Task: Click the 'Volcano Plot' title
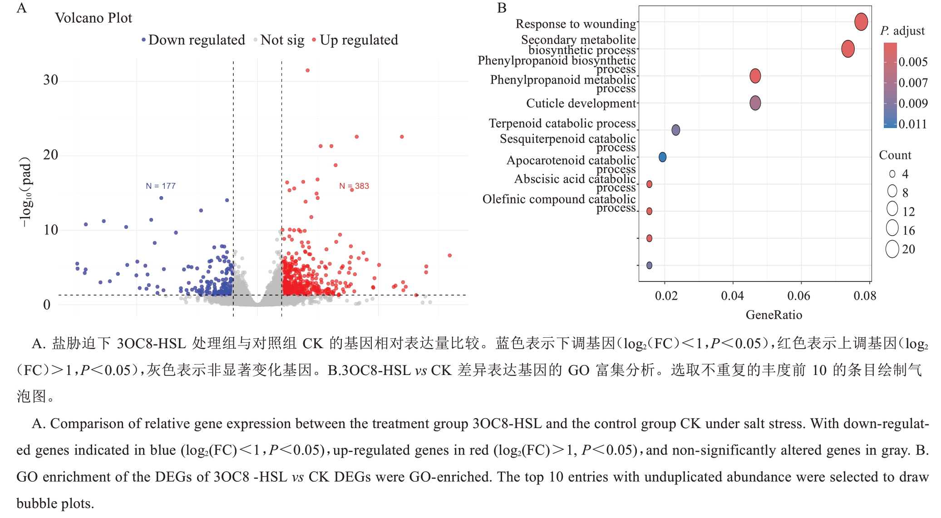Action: [x=94, y=18]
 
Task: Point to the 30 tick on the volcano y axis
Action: [x=50, y=80]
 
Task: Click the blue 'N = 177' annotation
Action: [x=160, y=186]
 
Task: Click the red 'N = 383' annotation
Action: [x=354, y=186]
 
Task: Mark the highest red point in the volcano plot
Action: [x=308, y=70]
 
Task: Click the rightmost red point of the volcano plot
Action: [x=449, y=256]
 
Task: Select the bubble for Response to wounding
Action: [x=861, y=21]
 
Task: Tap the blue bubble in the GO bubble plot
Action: [x=662, y=157]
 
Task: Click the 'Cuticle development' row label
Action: [x=581, y=104]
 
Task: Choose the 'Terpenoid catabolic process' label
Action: [x=562, y=123]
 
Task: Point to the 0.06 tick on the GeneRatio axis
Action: [x=798, y=296]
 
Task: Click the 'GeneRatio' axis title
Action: [x=773, y=315]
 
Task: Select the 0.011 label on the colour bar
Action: [x=913, y=124]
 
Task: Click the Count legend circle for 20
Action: [x=892, y=249]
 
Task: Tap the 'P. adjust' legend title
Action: [x=902, y=31]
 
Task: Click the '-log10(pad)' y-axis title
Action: [x=26, y=192]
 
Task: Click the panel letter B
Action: [x=502, y=8]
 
